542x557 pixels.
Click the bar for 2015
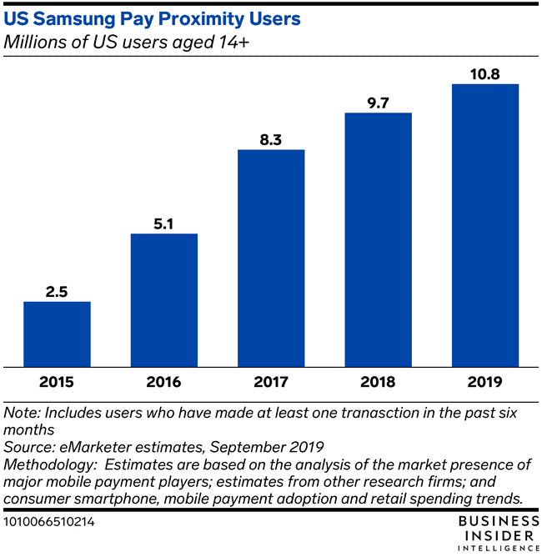click(57, 334)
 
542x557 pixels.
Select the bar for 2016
click(163, 300)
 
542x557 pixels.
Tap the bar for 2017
click(271, 258)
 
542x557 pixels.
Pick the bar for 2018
click(378, 239)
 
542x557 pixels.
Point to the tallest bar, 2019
click(485, 225)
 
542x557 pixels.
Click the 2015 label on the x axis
click(57, 384)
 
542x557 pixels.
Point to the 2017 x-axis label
click(271, 384)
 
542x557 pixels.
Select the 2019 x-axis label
click(485, 384)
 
